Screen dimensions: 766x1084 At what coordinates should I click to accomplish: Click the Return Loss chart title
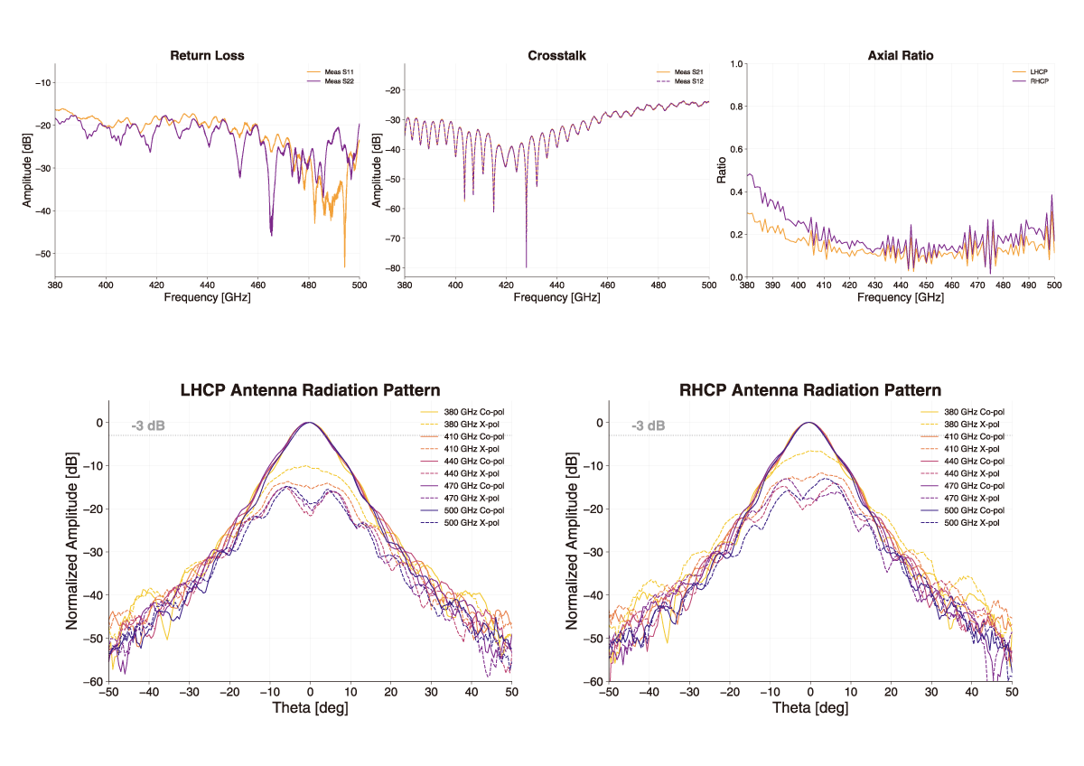point(207,56)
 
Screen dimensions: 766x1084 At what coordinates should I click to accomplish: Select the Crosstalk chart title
point(556,56)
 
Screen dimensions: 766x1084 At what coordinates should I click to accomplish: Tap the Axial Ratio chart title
point(900,56)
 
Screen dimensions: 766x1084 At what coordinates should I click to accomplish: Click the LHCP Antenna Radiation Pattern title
point(310,390)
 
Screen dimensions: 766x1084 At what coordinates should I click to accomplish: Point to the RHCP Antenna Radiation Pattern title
point(810,390)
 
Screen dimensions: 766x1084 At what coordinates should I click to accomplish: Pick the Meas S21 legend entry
point(688,71)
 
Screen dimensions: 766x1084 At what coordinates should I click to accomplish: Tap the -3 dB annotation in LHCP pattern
point(148,425)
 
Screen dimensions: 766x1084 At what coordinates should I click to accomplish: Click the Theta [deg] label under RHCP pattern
point(810,708)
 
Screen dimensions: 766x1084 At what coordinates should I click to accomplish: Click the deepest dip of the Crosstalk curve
point(526,266)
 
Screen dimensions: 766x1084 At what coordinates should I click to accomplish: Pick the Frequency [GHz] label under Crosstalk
point(556,297)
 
